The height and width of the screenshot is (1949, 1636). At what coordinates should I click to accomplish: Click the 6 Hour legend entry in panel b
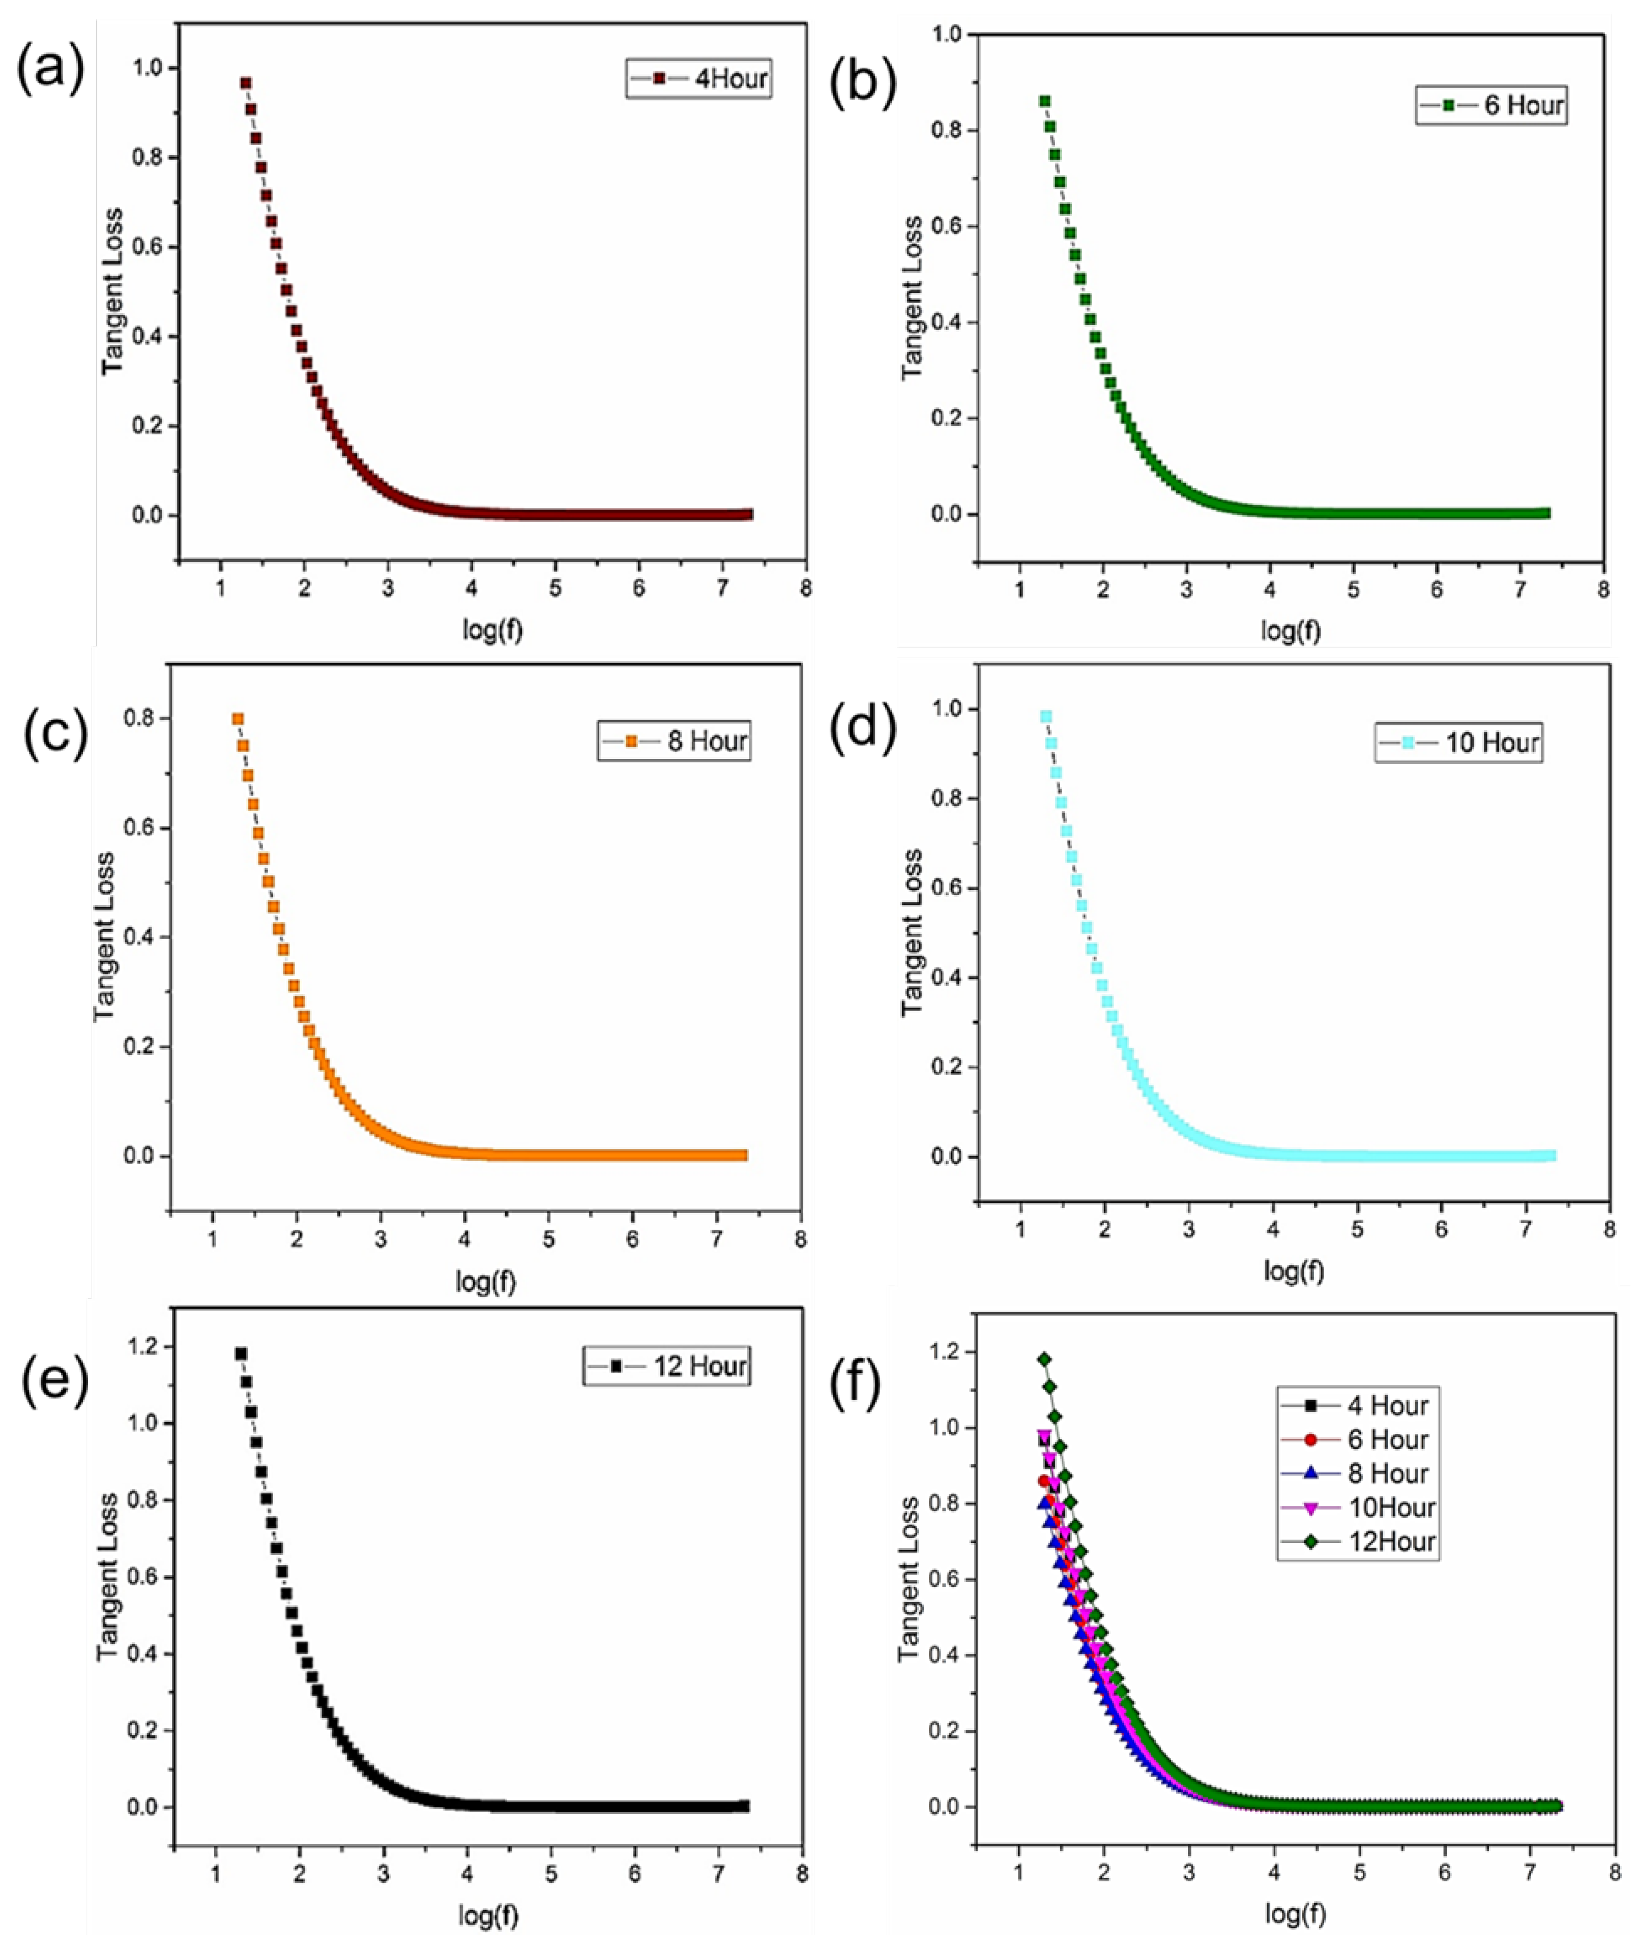pos(1491,105)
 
